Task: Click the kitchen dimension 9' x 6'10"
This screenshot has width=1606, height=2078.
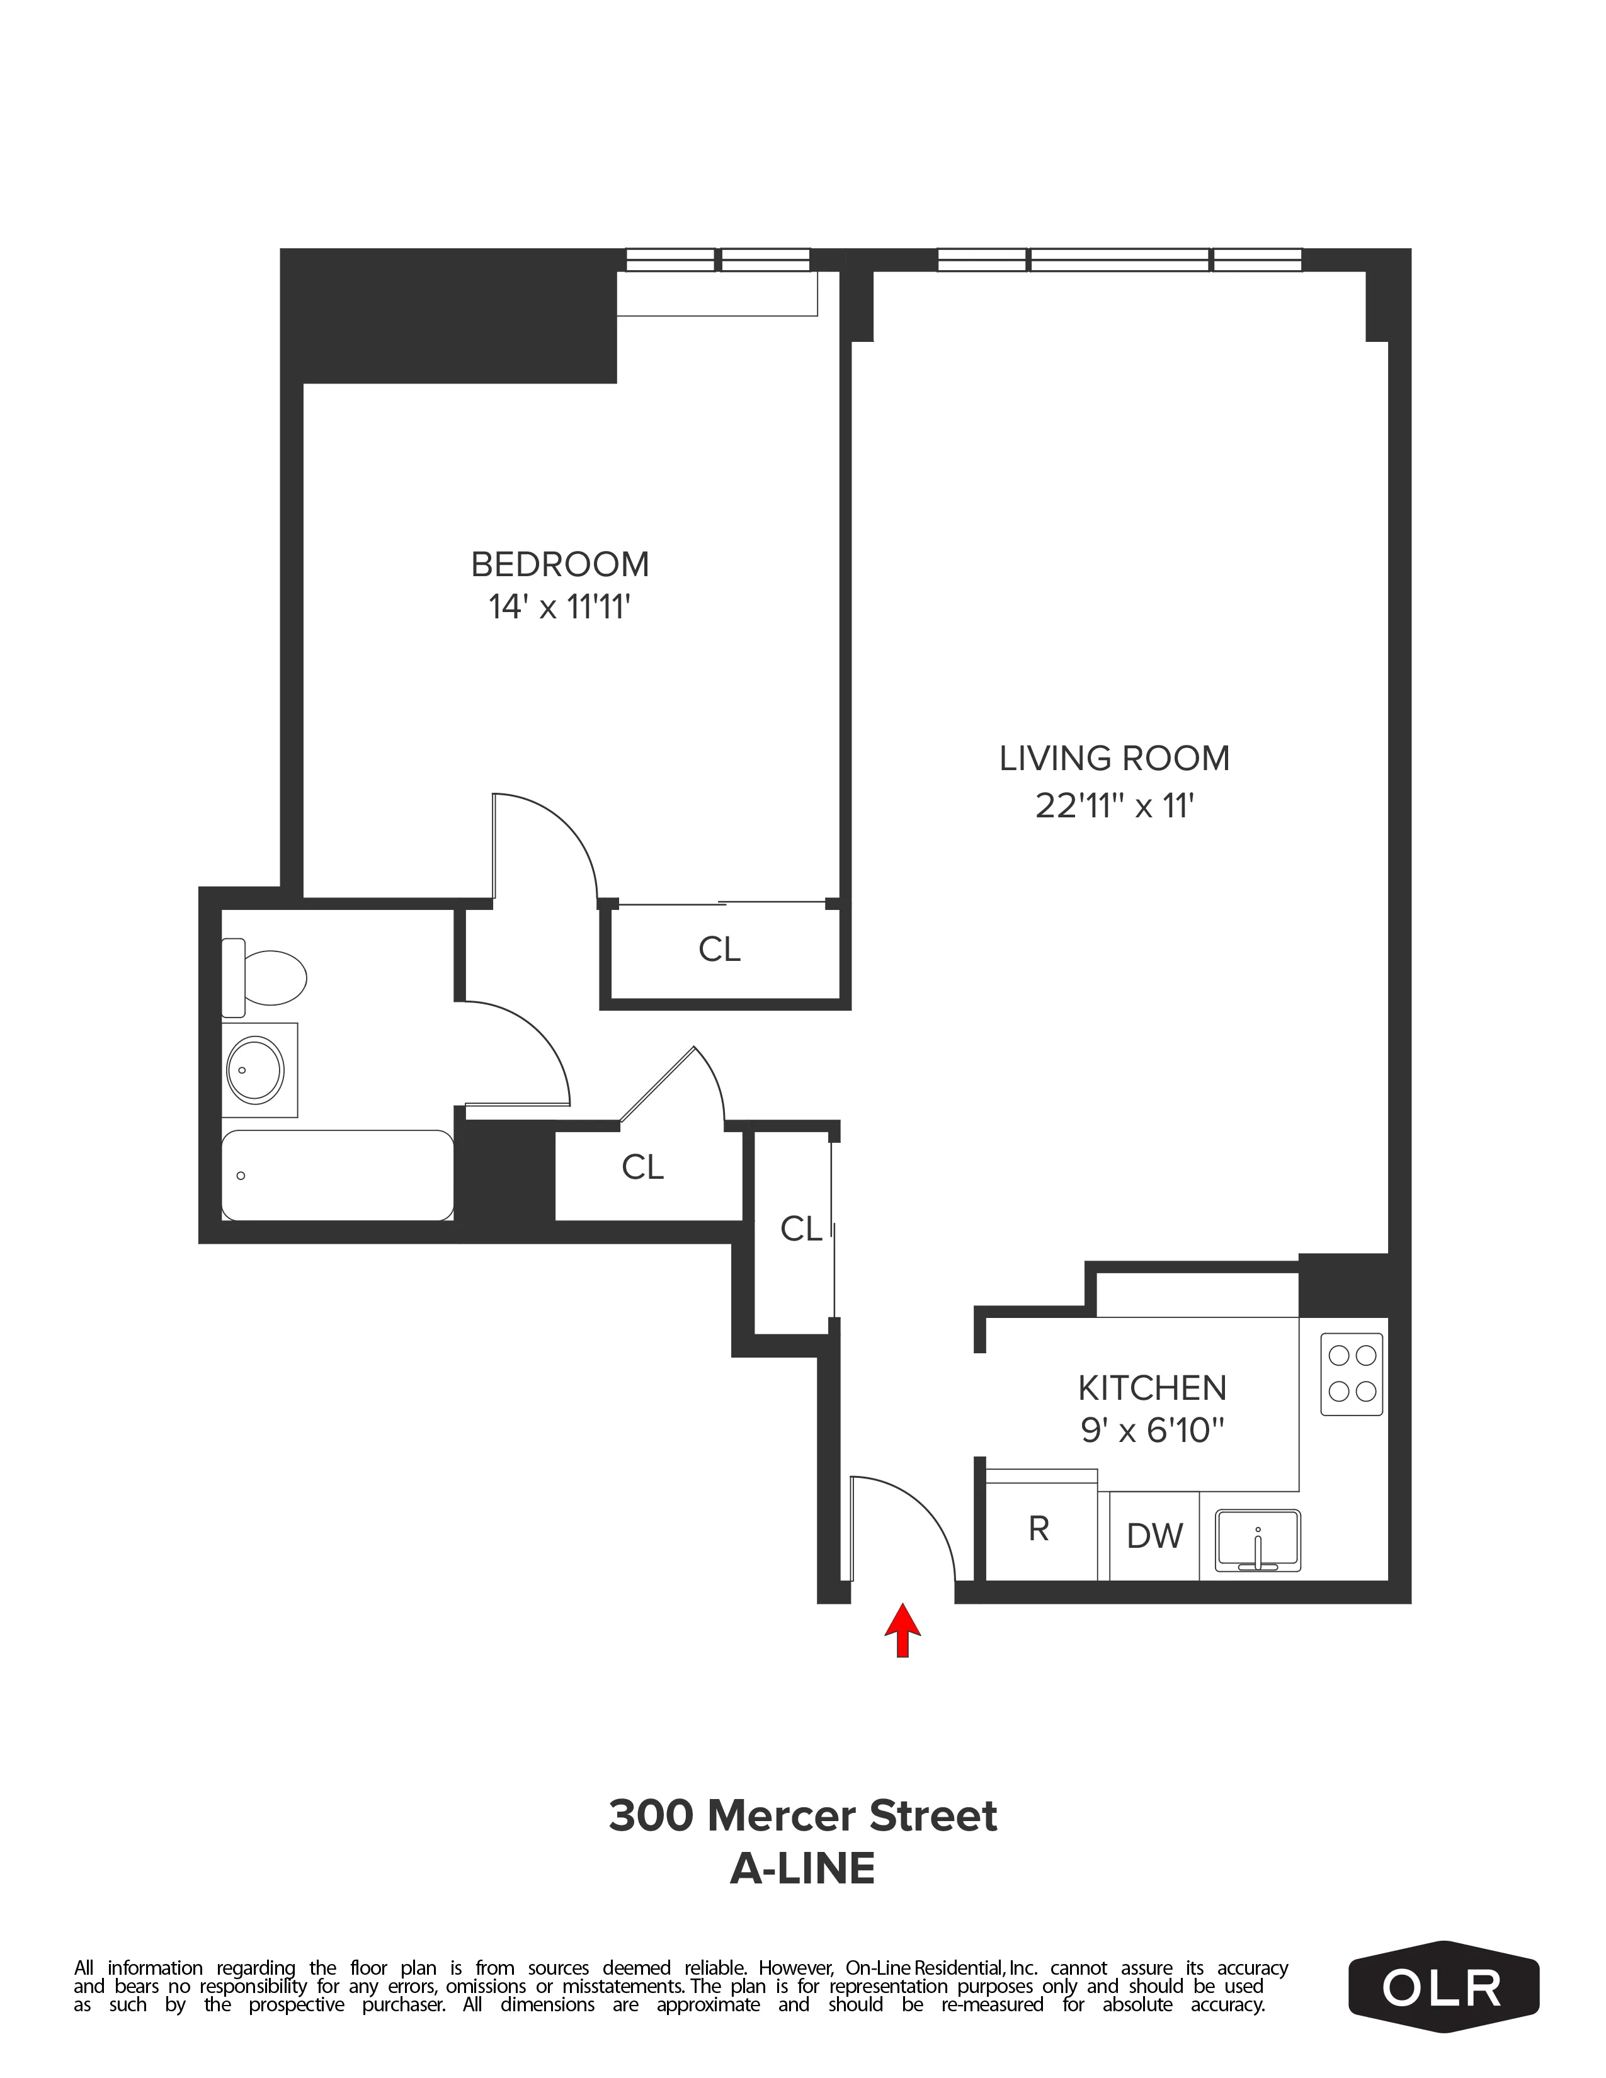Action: [1151, 1430]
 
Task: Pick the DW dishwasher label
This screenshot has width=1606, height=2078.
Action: [1154, 1536]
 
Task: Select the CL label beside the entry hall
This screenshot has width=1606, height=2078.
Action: [800, 1229]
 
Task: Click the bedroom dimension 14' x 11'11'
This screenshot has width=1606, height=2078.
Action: [559, 607]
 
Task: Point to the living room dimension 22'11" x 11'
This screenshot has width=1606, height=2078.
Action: [1114, 806]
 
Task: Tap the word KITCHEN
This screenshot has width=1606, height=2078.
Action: [1151, 1388]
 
